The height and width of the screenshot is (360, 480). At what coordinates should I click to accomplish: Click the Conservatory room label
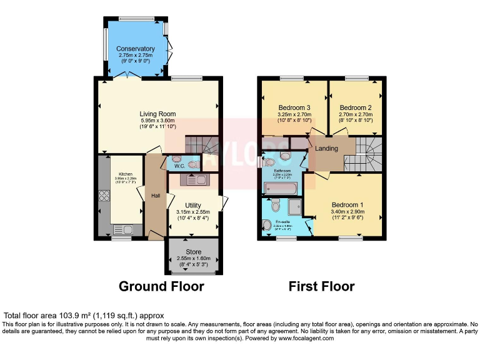point(136,49)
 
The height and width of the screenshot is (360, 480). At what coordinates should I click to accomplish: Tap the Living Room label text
point(157,114)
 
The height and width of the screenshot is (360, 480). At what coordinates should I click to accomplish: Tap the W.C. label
point(179,166)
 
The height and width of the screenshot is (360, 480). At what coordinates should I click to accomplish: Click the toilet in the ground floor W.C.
point(193,164)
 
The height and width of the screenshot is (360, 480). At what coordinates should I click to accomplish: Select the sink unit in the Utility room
point(197,180)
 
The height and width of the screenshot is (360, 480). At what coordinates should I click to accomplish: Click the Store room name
point(193,252)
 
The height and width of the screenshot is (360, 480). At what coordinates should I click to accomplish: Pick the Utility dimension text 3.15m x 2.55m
point(193,212)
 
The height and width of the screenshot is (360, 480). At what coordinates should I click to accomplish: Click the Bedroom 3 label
point(294,107)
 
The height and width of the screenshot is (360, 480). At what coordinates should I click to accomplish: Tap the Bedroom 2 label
point(356,107)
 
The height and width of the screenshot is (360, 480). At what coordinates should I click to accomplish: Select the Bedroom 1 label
point(347,205)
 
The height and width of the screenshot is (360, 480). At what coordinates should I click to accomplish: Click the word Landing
point(326,149)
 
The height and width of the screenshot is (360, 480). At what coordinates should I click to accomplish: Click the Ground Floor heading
point(161,287)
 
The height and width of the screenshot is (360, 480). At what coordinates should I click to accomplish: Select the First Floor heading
point(321,287)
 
